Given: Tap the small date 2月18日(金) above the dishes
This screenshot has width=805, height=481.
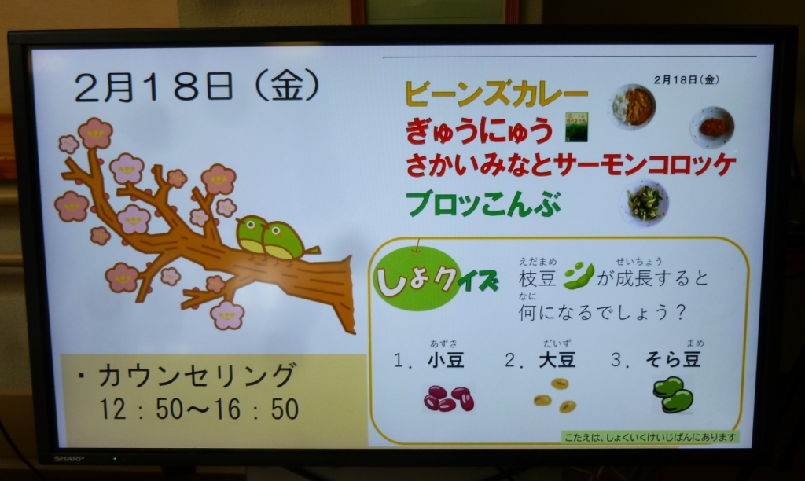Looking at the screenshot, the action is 686,79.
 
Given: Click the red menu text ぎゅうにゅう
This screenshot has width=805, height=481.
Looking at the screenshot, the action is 479,130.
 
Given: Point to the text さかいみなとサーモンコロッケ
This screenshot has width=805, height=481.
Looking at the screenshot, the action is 571,165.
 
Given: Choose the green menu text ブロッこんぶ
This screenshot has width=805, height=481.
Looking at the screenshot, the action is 483,204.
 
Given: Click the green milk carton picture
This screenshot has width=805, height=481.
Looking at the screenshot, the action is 576,127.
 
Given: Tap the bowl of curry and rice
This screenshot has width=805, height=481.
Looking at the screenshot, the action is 634,107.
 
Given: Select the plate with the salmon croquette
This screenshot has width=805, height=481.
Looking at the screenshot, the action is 712,127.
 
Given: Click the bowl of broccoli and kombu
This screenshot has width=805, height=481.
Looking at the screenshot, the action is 645,204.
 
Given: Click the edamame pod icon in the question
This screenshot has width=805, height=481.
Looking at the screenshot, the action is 579,276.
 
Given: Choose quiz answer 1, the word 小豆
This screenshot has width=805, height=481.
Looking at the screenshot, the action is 447,360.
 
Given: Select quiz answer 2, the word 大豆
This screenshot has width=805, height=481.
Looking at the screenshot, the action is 557,359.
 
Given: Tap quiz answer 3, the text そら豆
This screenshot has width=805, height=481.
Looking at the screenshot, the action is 673,359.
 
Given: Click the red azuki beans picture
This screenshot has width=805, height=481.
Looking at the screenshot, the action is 449,398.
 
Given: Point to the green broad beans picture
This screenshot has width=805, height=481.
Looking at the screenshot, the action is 673,395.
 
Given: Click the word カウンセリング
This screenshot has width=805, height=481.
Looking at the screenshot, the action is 197,376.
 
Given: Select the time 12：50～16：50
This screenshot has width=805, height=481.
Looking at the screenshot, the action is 199,409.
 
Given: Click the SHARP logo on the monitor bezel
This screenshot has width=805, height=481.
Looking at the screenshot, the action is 69,458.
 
